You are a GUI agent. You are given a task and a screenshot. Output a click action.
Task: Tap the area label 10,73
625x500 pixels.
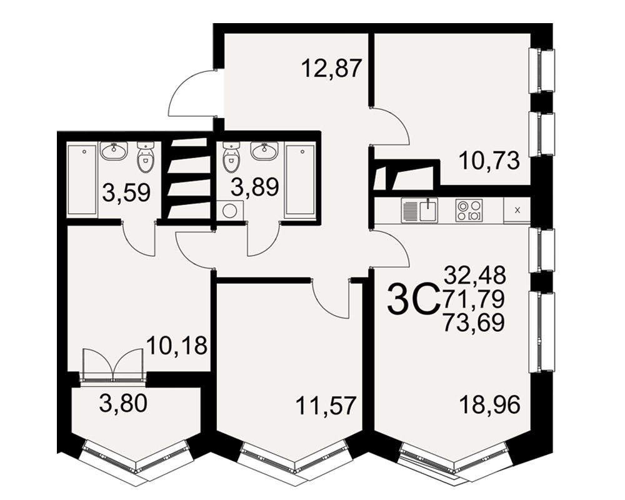(489, 161)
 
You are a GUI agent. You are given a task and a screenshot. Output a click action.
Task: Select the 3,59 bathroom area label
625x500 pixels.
(126, 192)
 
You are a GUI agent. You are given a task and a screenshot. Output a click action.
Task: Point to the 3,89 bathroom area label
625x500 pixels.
(255, 186)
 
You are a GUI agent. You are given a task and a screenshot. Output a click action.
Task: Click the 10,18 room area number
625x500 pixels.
(177, 345)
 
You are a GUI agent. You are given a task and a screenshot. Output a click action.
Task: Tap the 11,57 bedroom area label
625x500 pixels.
(325, 406)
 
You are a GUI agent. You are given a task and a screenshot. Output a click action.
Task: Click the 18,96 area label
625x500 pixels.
(490, 406)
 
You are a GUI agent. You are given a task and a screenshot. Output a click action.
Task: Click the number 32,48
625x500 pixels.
(475, 275)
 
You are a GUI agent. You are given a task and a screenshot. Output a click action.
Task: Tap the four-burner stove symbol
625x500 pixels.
(469, 210)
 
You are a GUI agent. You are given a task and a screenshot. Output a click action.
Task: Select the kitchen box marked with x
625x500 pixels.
(517, 210)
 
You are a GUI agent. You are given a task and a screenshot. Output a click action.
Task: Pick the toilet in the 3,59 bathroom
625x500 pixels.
(146, 158)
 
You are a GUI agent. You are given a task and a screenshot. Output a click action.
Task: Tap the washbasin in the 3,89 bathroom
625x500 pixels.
(264, 151)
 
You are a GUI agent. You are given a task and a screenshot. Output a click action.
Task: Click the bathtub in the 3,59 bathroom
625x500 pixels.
(82, 180)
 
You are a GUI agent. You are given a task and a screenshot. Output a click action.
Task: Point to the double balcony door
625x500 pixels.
(112, 365)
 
